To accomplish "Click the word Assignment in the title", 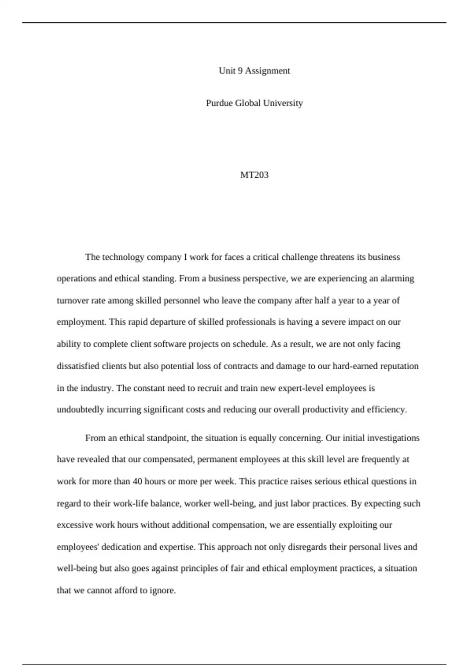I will click(267, 71).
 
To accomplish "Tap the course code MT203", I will click(254, 175).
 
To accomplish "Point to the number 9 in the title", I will click(240, 71).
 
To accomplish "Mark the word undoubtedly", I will click(81, 410).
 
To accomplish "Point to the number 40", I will click(137, 482).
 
